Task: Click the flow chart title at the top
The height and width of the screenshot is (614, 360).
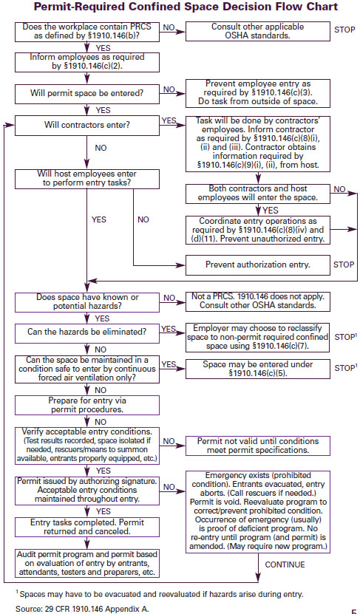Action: (180, 7)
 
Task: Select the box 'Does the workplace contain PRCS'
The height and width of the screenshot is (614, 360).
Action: (87, 32)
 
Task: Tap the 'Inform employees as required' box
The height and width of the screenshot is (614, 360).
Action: (87, 60)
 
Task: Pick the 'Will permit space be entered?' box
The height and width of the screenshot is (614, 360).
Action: (87, 93)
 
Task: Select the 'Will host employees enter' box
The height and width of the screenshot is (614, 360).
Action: (87, 179)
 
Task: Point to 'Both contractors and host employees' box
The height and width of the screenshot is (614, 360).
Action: (257, 193)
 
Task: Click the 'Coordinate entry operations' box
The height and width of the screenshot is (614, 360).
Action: (257, 229)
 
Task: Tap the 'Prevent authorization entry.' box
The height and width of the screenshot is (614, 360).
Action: (257, 264)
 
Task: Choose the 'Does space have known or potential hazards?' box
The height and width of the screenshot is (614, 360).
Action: (87, 301)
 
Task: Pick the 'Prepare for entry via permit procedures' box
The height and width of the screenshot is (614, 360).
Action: (87, 404)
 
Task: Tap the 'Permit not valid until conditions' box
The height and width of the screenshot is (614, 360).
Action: (257, 445)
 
